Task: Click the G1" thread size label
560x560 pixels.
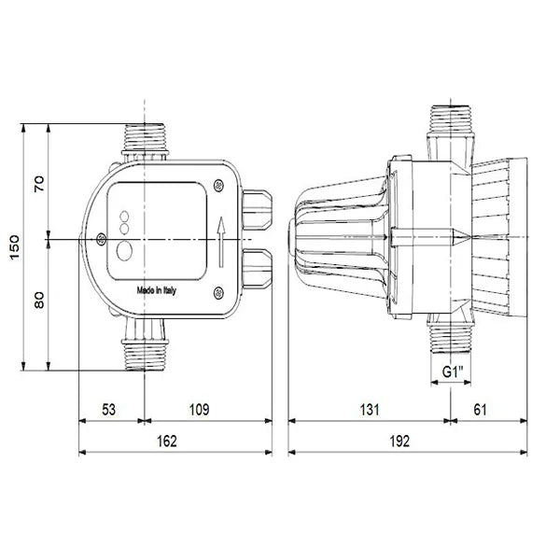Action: pos(453,370)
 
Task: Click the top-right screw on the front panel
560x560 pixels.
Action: pos(218,185)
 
